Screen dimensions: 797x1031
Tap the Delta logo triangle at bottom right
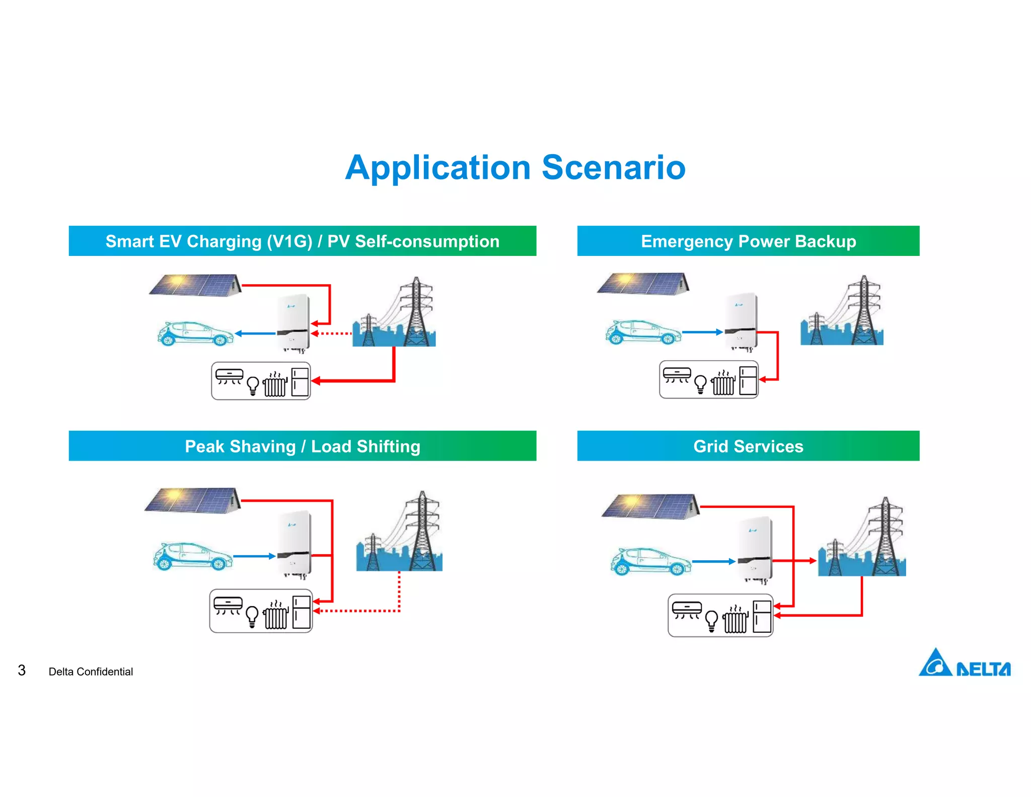(x=935, y=663)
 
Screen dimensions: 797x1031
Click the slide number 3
(x=22, y=670)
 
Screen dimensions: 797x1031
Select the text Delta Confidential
(x=91, y=672)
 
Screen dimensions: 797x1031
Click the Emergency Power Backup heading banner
(x=748, y=241)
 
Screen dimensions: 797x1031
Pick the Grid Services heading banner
(x=748, y=446)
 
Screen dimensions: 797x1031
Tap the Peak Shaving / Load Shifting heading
(x=302, y=446)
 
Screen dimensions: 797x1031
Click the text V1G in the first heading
(x=289, y=241)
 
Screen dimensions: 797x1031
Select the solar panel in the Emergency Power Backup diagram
(x=643, y=284)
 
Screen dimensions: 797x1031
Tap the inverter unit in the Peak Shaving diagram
(x=294, y=544)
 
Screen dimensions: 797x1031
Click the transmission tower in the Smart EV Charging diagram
(x=416, y=312)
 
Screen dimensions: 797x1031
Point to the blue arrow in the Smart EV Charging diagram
(x=255, y=334)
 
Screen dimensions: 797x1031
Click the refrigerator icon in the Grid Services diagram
(x=762, y=617)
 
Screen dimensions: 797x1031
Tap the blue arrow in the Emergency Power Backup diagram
(x=702, y=332)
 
